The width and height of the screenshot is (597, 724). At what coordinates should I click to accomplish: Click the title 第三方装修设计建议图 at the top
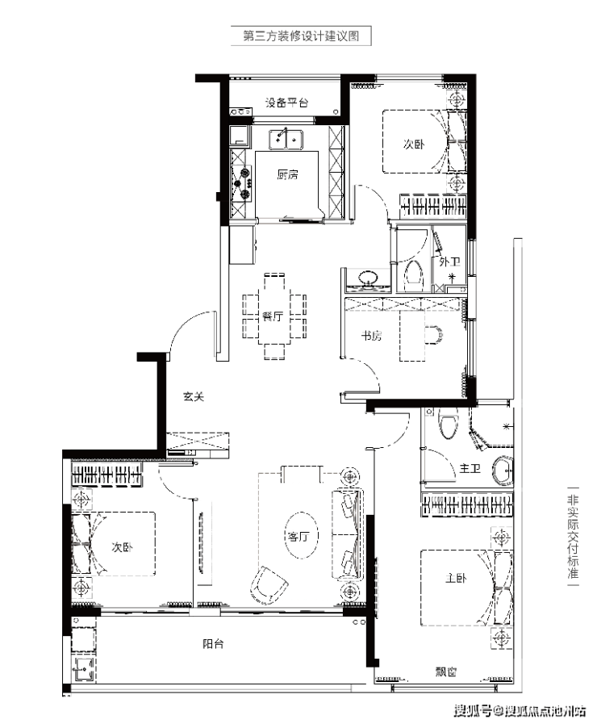(301, 36)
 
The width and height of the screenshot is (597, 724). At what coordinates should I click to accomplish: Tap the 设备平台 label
(286, 103)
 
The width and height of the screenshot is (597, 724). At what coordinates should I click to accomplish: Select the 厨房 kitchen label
(287, 174)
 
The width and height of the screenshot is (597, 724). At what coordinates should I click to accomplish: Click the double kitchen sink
(286, 140)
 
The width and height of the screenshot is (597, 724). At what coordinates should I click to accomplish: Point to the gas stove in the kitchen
(243, 183)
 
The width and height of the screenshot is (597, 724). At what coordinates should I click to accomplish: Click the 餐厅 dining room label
(272, 316)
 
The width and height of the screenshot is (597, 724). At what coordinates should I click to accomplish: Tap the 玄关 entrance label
(194, 396)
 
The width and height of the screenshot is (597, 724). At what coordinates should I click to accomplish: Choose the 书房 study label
(371, 336)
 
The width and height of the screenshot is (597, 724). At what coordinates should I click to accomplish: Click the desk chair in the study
(434, 336)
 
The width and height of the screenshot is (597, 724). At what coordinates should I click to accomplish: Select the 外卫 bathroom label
(449, 262)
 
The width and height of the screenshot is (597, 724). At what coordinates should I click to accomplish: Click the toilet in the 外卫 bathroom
(414, 276)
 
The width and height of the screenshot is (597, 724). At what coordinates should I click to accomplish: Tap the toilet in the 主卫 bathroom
(449, 423)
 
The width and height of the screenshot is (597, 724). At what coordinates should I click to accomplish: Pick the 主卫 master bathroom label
(470, 469)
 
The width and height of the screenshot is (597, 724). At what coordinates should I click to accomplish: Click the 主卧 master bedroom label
(456, 577)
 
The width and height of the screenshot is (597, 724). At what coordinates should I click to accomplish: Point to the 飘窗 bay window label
(445, 672)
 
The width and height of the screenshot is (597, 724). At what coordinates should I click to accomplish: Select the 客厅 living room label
(298, 537)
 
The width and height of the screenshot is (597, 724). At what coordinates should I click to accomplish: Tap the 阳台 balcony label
(213, 643)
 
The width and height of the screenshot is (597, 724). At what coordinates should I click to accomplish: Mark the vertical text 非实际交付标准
(573, 537)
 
